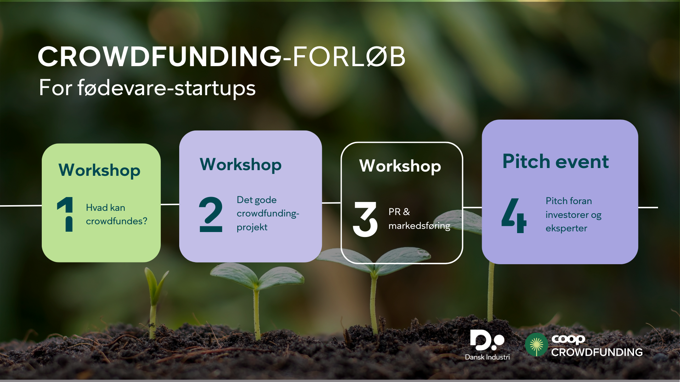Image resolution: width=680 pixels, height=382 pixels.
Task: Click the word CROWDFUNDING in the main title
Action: (160, 57)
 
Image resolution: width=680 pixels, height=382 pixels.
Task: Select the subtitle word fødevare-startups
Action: (166, 88)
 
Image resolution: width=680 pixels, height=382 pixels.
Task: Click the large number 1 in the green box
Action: (65, 214)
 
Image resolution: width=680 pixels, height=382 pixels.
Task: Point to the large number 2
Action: (211, 214)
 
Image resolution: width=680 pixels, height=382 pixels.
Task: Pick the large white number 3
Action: (365, 219)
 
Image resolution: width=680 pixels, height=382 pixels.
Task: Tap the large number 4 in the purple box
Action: (514, 215)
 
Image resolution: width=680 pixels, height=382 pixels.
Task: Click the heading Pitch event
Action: (555, 162)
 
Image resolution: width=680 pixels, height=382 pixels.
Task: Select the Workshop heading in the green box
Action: (100, 170)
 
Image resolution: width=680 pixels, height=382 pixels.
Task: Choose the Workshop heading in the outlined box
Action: (400, 166)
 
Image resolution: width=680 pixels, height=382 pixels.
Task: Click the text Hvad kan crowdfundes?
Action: (117, 214)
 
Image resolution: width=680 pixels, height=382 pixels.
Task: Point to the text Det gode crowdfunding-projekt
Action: (268, 214)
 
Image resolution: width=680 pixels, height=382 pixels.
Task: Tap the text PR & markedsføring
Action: (419, 219)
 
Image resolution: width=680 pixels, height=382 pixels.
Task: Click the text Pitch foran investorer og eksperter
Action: (573, 215)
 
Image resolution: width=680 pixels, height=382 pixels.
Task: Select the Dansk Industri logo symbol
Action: (487, 340)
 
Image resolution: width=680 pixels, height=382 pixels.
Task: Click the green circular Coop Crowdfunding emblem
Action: (536, 345)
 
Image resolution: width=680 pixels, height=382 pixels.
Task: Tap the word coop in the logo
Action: (568, 339)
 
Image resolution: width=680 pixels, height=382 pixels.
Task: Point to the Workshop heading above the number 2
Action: (241, 165)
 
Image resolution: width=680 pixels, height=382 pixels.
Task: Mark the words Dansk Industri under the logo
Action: (487, 357)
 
